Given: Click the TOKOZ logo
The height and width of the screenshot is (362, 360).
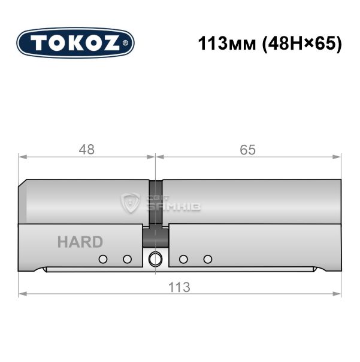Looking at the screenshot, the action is [x=75, y=43].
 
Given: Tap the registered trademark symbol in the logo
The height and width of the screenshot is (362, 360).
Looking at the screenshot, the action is [x=125, y=43].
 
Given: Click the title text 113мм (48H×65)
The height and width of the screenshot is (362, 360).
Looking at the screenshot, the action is [x=270, y=44].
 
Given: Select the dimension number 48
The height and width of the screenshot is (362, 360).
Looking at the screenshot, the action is [x=87, y=150].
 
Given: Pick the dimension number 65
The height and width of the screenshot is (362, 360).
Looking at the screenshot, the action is [x=248, y=150].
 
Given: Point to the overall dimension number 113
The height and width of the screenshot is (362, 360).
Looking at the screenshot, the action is [x=179, y=287].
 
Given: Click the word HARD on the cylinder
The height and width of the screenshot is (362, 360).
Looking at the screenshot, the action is [x=80, y=242].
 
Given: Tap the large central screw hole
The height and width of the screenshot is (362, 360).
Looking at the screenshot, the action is [x=155, y=259].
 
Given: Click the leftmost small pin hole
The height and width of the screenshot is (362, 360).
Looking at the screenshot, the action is [x=103, y=259].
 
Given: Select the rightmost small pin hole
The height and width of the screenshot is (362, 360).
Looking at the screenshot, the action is [x=208, y=259].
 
